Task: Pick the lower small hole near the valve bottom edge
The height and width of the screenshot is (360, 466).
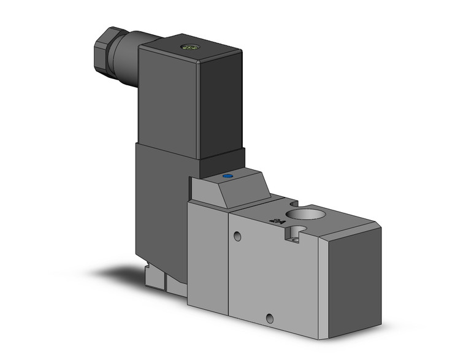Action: click(x=269, y=318)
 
